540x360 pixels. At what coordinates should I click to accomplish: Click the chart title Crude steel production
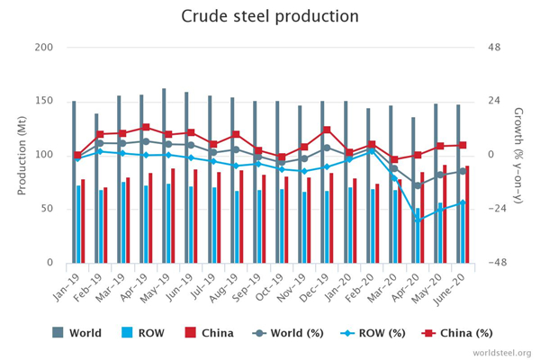[x=269, y=16]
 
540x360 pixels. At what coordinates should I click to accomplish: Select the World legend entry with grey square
[x=76, y=333]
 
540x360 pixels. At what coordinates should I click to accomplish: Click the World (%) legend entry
[x=288, y=333]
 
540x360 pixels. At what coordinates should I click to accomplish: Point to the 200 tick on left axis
[x=44, y=47]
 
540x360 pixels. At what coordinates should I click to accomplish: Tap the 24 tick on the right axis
[x=495, y=101]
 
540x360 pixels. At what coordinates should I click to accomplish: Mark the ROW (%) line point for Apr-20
[x=418, y=220]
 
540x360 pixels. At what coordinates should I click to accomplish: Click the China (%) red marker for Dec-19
[x=327, y=130]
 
